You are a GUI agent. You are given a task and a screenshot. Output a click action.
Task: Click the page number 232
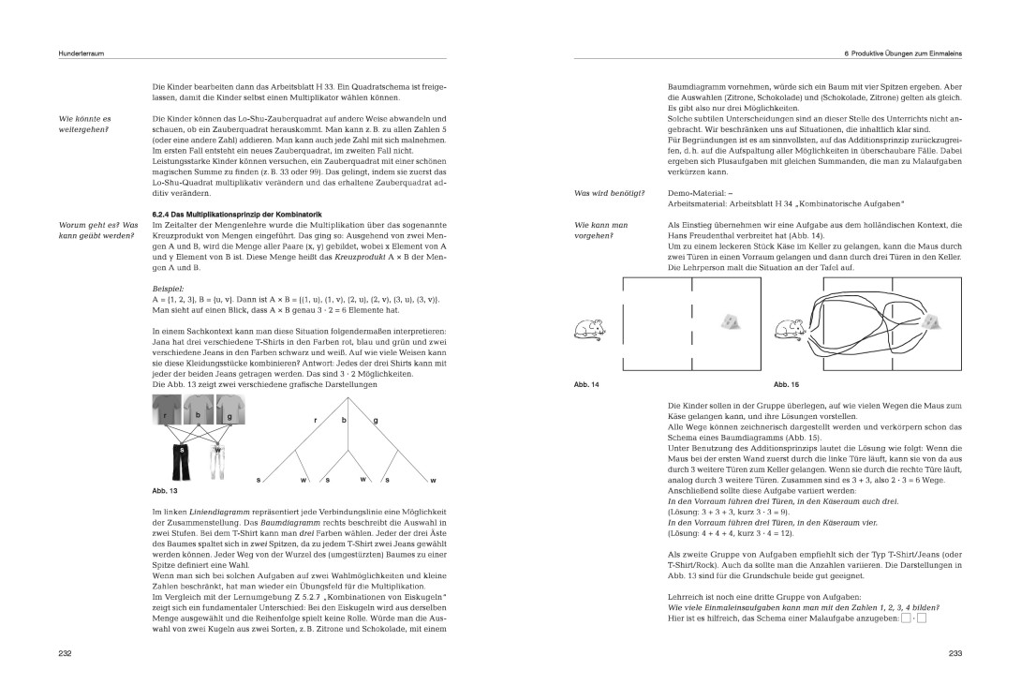click(x=65, y=652)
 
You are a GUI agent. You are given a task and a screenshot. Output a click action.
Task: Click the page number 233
click(x=955, y=652)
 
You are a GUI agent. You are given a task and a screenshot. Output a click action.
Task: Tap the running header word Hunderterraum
click(x=81, y=54)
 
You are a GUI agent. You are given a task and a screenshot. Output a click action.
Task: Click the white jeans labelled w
click(x=217, y=460)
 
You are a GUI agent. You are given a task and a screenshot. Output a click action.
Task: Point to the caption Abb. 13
click(x=165, y=490)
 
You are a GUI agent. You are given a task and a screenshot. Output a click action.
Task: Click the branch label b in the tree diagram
click(x=344, y=420)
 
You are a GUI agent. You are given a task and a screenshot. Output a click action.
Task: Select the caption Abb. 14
click(x=586, y=385)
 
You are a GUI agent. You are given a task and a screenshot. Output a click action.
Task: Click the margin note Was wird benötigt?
click(x=609, y=193)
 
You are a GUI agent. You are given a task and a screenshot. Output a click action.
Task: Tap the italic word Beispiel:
click(x=168, y=288)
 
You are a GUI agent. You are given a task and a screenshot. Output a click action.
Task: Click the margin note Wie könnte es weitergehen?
click(x=84, y=125)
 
